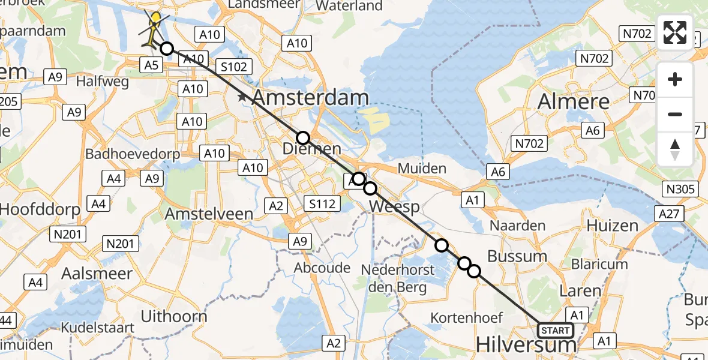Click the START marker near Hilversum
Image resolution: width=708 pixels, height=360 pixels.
coord(555,331)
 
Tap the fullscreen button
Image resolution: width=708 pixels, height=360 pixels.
coord(675,32)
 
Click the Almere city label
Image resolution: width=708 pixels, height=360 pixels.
coord(574,102)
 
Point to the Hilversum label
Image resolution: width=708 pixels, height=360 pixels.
coord(526,345)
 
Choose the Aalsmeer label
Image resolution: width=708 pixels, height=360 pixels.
coord(97,274)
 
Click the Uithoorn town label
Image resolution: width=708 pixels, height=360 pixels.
coord(174,317)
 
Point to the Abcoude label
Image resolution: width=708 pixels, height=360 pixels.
coord(323,268)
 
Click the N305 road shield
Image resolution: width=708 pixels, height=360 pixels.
coord(680,190)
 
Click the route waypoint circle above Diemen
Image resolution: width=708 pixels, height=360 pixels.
coord(303,138)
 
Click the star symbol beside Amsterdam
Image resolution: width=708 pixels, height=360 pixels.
coord(242,97)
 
